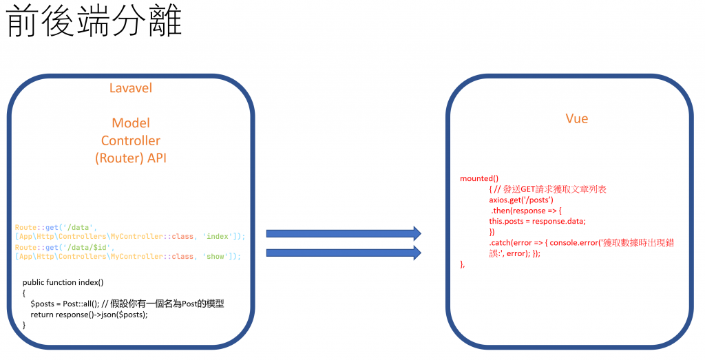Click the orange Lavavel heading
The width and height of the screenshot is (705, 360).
tap(131, 88)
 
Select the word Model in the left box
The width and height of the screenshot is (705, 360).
tap(131, 123)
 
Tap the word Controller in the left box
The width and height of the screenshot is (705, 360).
tap(131, 140)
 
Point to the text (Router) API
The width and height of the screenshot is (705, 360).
tap(131, 158)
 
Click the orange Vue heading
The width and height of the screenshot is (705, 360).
tap(576, 118)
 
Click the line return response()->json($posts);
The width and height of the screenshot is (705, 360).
tap(89, 315)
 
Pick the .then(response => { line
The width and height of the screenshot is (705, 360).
tap(526, 210)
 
